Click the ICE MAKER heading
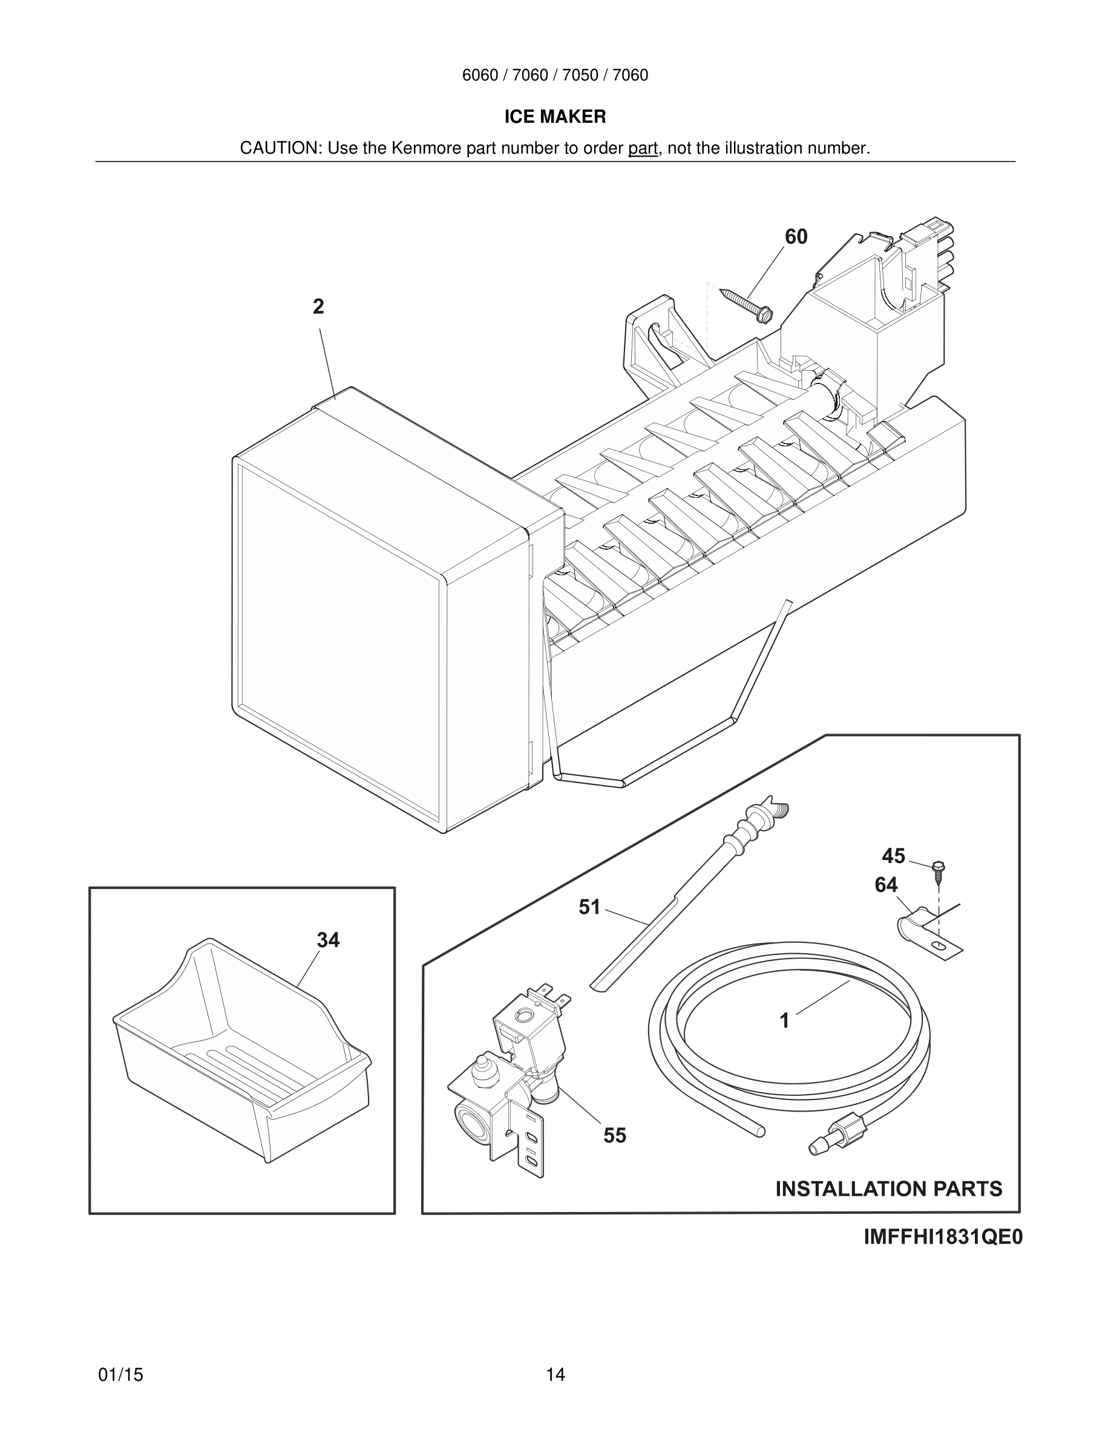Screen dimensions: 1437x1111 (555, 117)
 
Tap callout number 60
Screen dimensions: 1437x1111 (796, 237)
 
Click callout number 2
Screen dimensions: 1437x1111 (318, 307)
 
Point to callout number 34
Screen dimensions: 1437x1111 (328, 940)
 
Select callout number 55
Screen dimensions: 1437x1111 (615, 1135)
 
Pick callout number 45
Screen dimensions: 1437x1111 (893, 856)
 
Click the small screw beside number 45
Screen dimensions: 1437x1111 (939, 871)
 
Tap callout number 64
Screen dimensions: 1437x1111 (886, 885)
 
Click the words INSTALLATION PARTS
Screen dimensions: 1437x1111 (888, 1188)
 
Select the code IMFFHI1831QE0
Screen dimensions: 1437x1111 (943, 1237)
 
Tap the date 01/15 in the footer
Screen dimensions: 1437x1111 (120, 1375)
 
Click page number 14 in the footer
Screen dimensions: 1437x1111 (555, 1375)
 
